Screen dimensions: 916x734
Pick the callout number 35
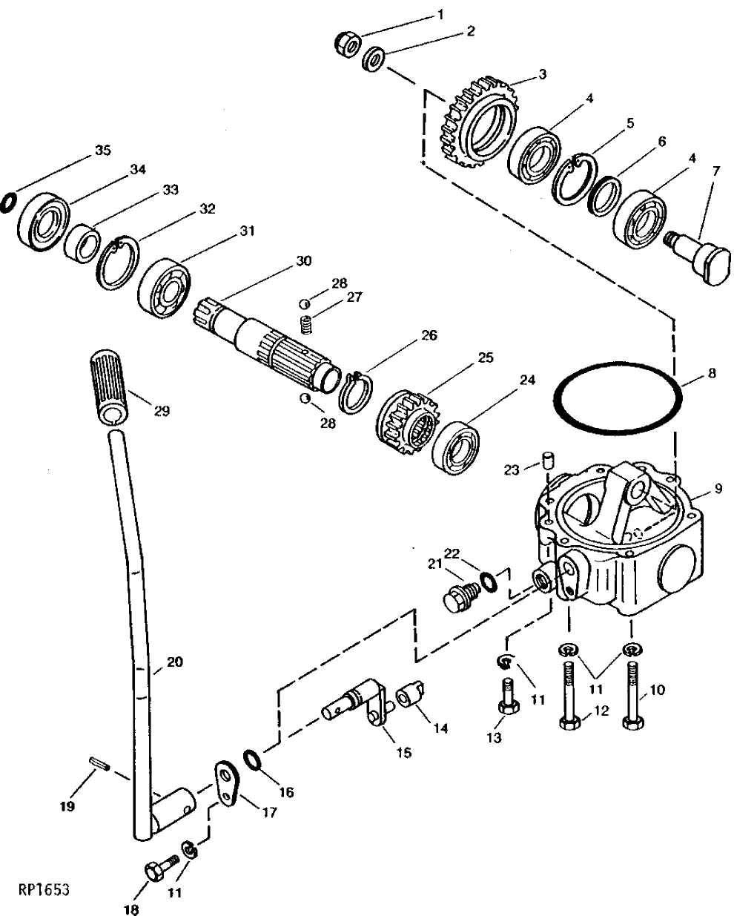point(102,151)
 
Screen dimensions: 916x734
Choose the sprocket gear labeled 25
point(407,426)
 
